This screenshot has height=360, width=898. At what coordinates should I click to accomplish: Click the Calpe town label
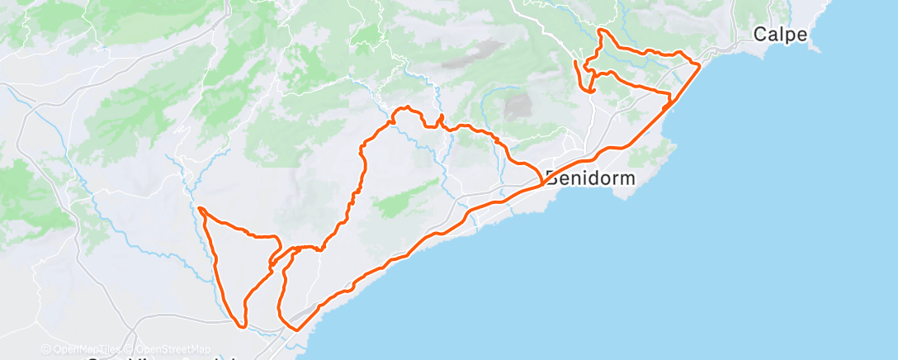pyautogui.click(x=780, y=35)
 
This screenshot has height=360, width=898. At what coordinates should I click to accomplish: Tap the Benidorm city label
pyautogui.click(x=590, y=178)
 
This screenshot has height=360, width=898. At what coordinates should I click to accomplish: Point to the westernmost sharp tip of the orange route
pyautogui.click(x=199, y=207)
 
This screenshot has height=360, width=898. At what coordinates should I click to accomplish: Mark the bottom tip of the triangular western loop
pyautogui.click(x=243, y=325)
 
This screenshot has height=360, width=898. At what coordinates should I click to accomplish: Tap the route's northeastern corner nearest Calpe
pyautogui.click(x=700, y=63)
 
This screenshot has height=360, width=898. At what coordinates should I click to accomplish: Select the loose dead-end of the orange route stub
pyautogui.click(x=574, y=62)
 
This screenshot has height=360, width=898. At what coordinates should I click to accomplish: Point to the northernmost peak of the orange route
pyautogui.click(x=600, y=31)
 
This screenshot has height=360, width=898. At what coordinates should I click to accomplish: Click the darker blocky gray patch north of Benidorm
pyautogui.click(x=518, y=107)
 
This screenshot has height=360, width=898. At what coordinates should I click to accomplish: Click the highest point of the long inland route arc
pyautogui.click(x=404, y=107)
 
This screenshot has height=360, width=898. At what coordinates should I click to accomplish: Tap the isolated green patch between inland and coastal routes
pyautogui.click(x=404, y=198)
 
